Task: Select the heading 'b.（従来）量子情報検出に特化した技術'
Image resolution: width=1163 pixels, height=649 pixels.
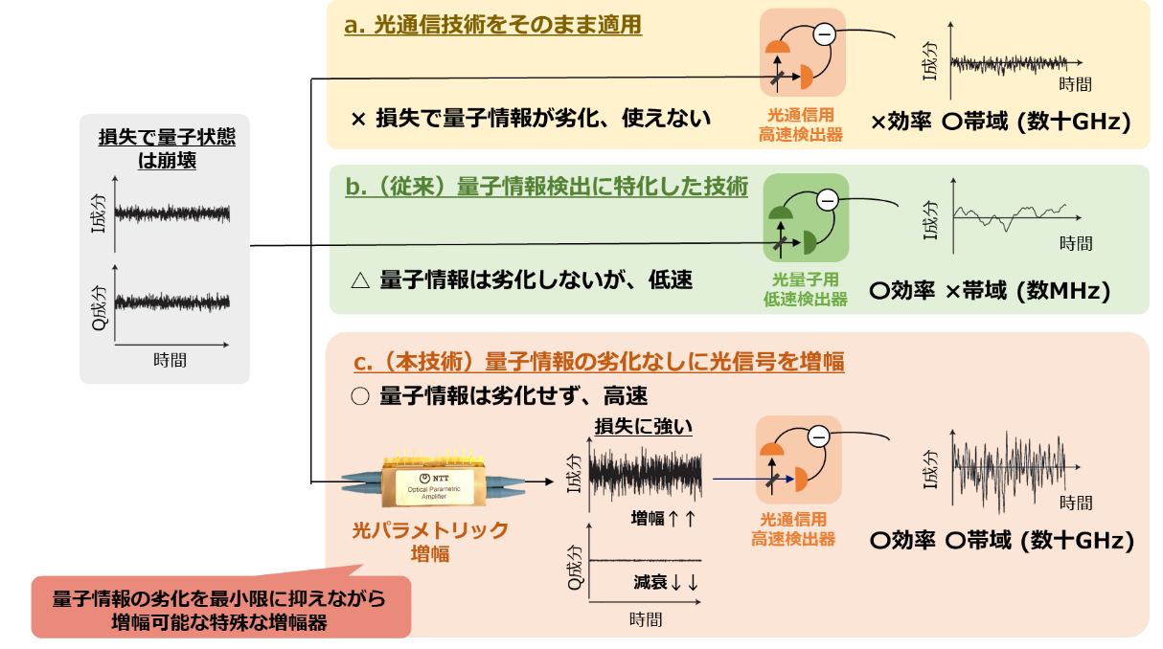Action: (546, 187)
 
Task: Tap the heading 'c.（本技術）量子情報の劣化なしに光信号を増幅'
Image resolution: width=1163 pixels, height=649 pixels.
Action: (599, 362)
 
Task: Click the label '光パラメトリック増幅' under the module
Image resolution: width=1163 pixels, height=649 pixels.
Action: (430, 541)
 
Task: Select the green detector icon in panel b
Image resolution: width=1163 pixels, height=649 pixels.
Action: (805, 218)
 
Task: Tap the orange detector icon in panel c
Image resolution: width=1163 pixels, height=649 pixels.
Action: (798, 459)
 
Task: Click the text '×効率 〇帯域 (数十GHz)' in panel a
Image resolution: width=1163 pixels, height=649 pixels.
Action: (1001, 122)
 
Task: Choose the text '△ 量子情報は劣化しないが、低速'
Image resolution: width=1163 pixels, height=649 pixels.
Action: (522, 280)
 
